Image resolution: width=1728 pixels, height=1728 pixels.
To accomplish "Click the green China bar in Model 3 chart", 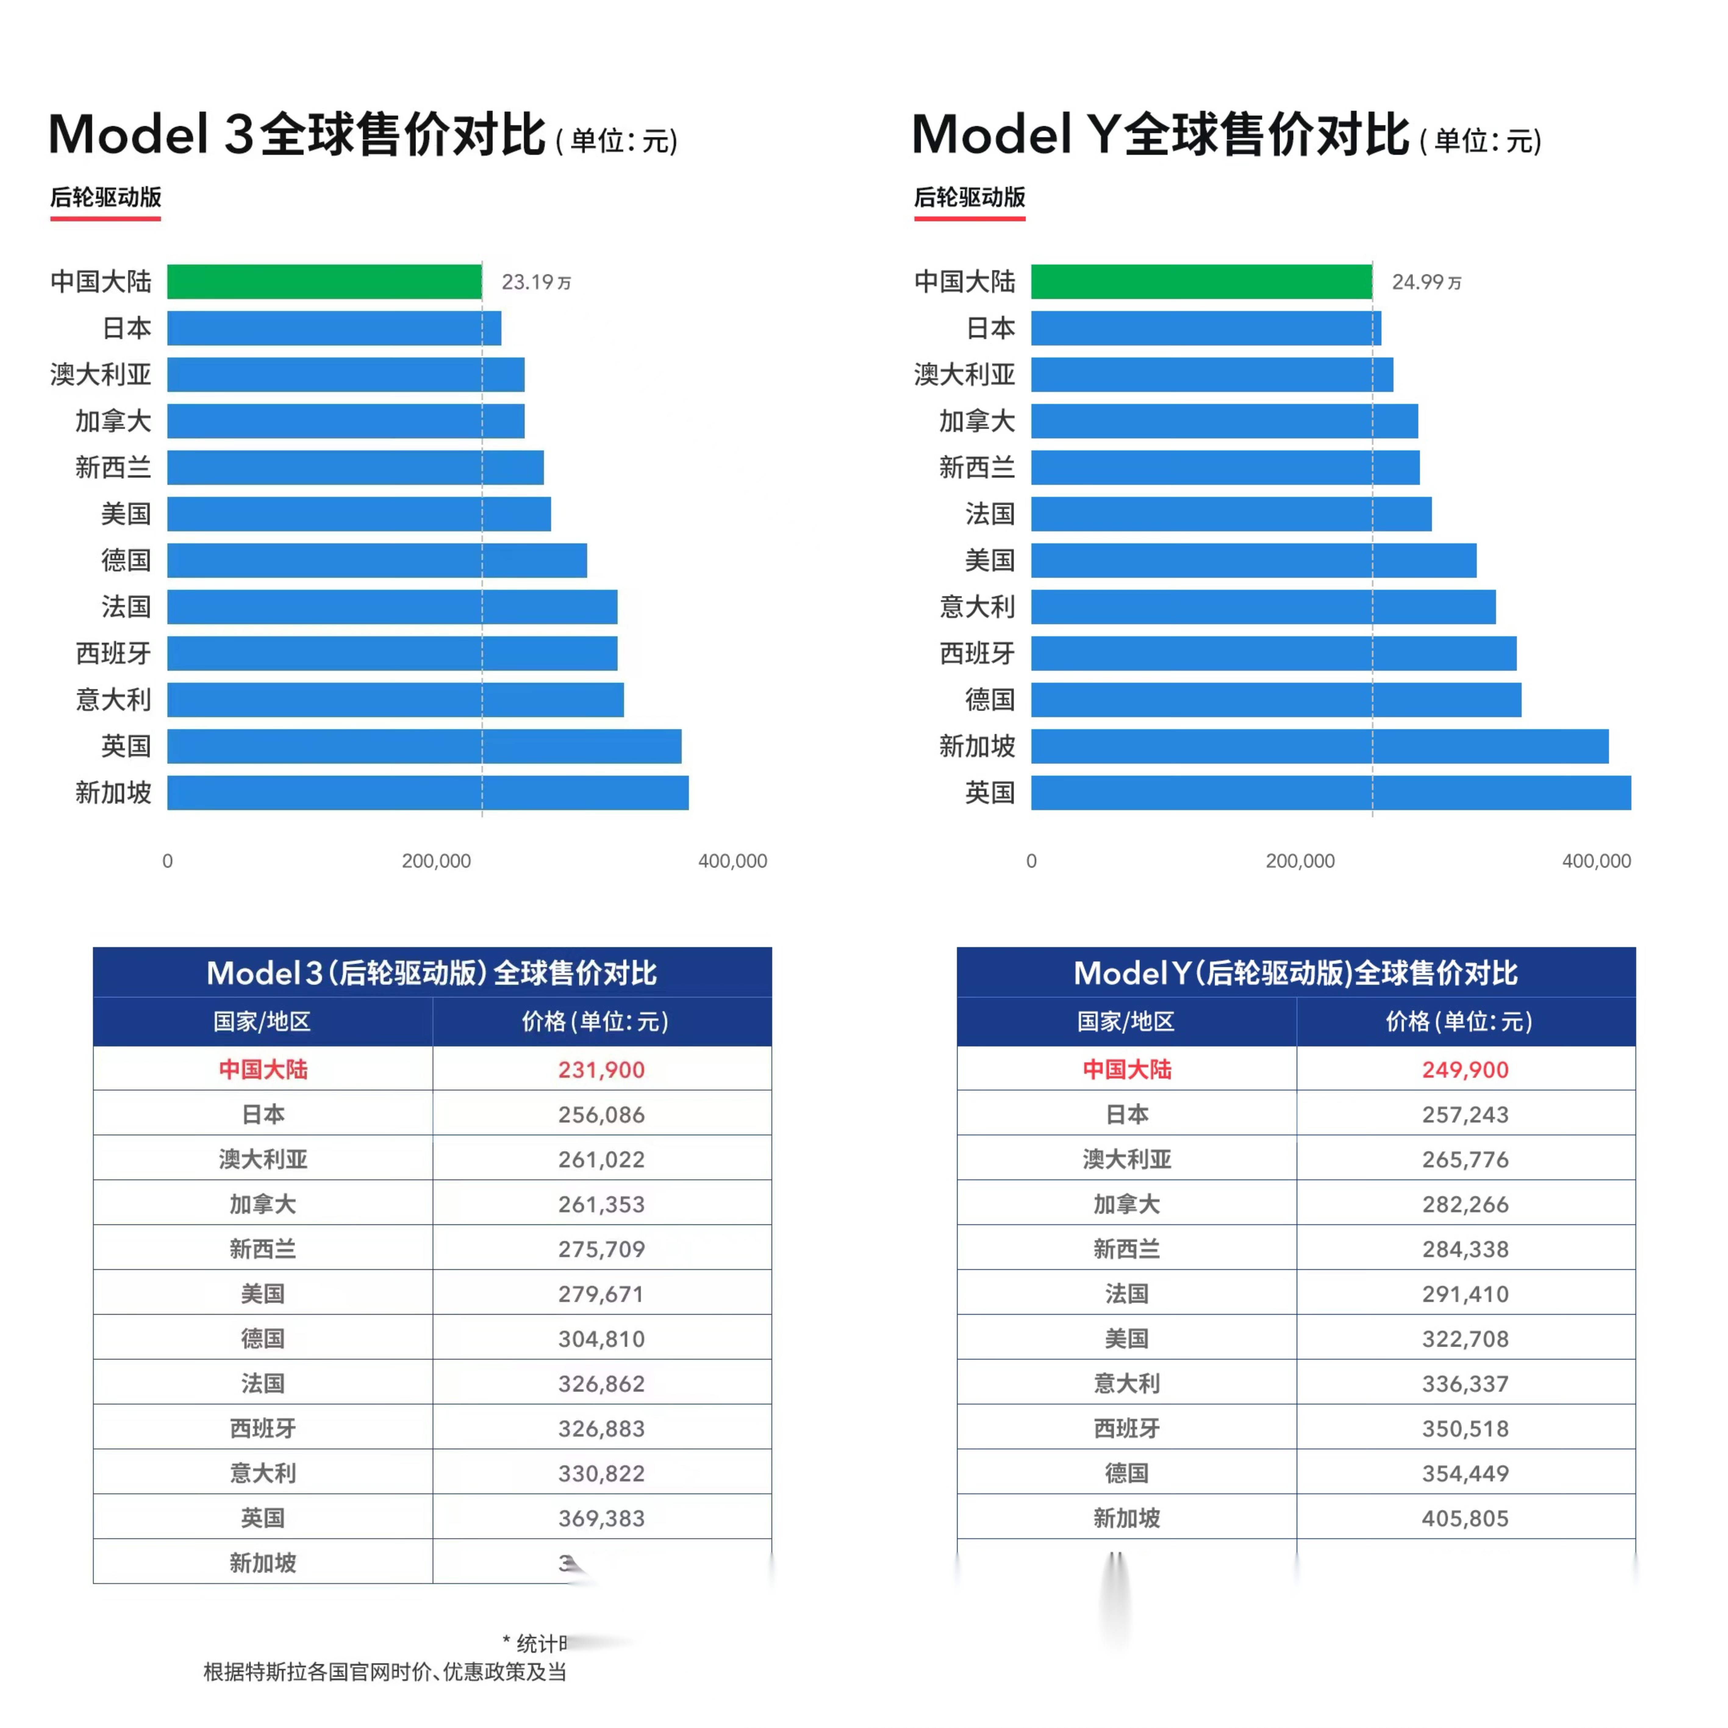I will coord(324,282).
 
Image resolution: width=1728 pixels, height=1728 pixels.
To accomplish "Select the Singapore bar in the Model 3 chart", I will coord(428,792).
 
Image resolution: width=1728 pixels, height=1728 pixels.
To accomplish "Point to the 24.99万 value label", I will coord(1426,283).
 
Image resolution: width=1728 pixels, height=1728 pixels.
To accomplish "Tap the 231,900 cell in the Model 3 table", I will coord(601,1070).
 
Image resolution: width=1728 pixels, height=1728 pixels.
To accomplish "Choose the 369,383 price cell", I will coord(601,1518).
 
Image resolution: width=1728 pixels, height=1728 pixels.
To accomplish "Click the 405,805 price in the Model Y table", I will coord(1465,1518).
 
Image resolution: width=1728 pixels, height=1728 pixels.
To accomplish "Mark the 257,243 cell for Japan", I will coord(1465,1114).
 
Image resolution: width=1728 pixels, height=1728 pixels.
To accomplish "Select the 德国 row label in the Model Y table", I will coord(1126,1473).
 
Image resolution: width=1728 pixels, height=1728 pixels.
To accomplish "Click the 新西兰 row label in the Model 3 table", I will coord(262,1249).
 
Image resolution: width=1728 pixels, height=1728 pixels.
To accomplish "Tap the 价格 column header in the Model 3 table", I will coord(595,1021).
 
